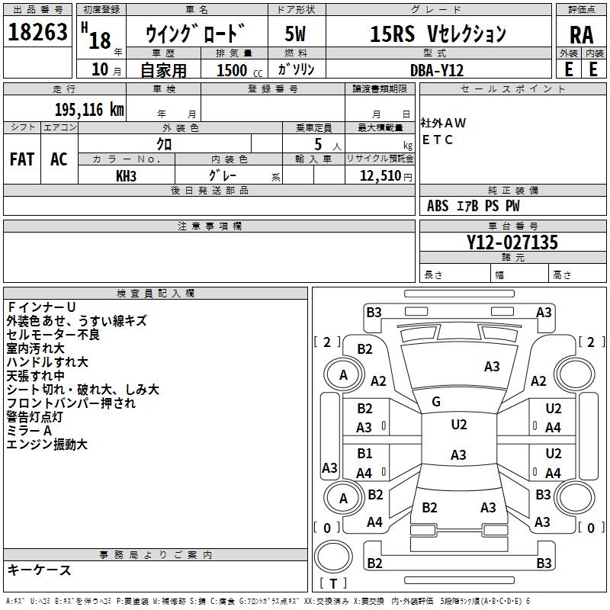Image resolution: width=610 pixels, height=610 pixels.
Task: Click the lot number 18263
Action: pos(37,34)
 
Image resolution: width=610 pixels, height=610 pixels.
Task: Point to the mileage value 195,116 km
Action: pos(89,110)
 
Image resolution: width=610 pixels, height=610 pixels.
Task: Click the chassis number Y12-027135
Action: pos(512,243)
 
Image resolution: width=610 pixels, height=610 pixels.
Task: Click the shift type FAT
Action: pos(21,159)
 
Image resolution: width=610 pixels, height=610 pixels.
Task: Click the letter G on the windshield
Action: pos(436,402)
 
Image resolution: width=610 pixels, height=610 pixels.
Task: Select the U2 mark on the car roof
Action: pos(458,425)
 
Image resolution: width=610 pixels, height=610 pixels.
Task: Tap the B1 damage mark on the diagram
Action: pos(365,454)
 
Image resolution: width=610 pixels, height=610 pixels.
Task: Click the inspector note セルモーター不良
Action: pos(53,334)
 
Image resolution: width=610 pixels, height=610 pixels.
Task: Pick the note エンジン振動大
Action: pos(47,444)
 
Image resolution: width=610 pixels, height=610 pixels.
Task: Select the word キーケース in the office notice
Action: pos(39,570)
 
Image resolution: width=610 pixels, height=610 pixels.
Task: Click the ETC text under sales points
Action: pos(438,140)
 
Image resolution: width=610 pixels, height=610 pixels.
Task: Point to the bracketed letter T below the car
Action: pos(333,583)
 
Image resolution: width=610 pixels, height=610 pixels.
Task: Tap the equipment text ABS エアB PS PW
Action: pos(474,206)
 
